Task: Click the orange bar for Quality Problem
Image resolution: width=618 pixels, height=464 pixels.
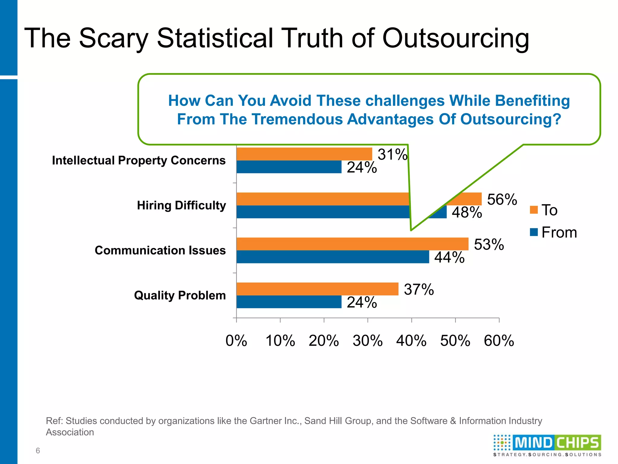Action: [x=317, y=289]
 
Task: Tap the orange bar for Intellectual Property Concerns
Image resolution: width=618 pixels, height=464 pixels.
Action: [x=304, y=154]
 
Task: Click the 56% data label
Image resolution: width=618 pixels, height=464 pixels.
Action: [x=502, y=200]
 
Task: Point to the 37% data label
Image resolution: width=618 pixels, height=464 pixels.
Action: [x=419, y=289]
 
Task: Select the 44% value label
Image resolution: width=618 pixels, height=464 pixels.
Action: [x=449, y=257]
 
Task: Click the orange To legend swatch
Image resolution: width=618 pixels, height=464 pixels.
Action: [x=534, y=210]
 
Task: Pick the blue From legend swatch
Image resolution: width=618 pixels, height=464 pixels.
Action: [x=534, y=232]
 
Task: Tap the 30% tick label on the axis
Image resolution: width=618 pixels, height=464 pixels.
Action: [x=368, y=341]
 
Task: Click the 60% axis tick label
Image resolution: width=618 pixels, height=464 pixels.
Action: [x=499, y=341]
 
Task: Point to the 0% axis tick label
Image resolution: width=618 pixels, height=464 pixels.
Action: [x=236, y=341]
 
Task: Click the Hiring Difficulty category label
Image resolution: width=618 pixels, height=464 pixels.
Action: [x=181, y=205]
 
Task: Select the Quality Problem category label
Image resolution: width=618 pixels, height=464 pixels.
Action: [x=180, y=295]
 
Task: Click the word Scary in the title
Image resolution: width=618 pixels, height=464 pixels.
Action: [x=113, y=39]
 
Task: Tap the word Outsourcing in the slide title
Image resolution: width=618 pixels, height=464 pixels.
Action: [x=456, y=39]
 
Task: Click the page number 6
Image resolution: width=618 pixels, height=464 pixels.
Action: [x=38, y=450]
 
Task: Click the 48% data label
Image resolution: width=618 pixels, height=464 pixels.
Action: [x=467, y=212]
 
